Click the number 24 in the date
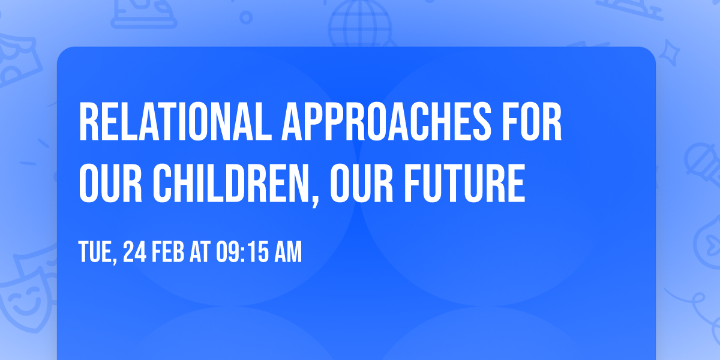[136, 252]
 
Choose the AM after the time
[289, 252]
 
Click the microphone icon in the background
[701, 159]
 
